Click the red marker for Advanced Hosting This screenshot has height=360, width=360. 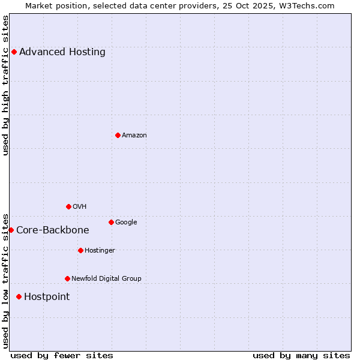[14, 52]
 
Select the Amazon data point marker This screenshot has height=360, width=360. [118, 135]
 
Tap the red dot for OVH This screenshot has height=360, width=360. [68, 206]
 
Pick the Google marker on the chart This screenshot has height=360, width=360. [111, 222]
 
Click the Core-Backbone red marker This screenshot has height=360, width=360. [11, 230]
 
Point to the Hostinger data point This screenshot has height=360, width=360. [80, 250]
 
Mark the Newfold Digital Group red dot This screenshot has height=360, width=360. [67, 278]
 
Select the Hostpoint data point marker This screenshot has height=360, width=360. [19, 296]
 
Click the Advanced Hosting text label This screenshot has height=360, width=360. [62, 52]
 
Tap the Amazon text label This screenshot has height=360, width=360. [134, 135]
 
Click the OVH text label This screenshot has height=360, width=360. [80, 206]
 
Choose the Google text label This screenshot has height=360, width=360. [126, 222]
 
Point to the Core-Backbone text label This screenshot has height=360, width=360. [53, 230]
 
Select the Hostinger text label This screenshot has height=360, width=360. [100, 250]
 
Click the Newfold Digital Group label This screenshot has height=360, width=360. [106, 278]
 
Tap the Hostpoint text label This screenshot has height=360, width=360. [47, 296]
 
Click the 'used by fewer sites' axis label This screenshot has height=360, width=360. [62, 355]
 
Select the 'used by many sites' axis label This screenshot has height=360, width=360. [301, 355]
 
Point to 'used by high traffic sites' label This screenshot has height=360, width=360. [5, 85]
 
